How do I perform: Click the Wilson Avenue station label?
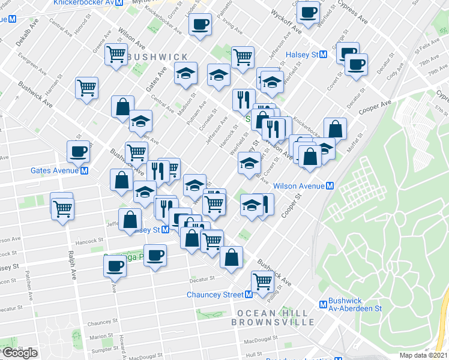click(x=299, y=186)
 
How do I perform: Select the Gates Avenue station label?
click(x=55, y=170)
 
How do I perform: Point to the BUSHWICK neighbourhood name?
click(x=157, y=56)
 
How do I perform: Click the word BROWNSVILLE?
click(x=273, y=322)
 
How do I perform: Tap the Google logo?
click(x=20, y=353)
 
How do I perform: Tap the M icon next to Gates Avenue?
click(x=85, y=170)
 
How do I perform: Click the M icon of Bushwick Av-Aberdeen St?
click(x=323, y=304)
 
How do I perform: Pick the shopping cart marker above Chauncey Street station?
click(x=262, y=281)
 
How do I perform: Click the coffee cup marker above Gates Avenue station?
click(x=78, y=151)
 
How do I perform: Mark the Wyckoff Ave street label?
click(x=285, y=23)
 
